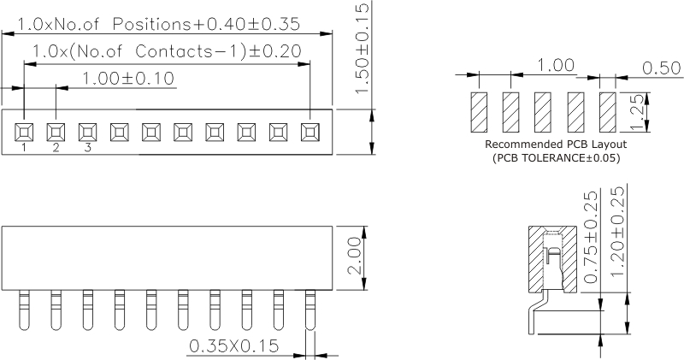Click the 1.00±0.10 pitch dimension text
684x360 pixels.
pos(128,79)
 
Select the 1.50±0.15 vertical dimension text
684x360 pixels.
pos(363,48)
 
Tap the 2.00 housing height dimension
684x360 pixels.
pos(355,256)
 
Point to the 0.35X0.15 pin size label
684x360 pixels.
pos(233,346)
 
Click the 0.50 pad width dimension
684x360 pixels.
pos(661,68)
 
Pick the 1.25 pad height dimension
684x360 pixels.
pos(637,112)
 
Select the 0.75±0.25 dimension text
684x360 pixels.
pos(590,237)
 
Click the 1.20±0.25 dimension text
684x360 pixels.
pos(617,232)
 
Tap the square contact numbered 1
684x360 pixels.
pos(24,132)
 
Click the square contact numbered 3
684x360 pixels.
pos(88,132)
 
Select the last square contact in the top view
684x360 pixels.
pos(310,132)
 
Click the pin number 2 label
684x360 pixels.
pos(56,148)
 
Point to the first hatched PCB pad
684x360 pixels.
pos(479,112)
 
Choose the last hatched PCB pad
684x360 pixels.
pos(608,112)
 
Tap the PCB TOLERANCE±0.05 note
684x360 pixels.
pos(557,158)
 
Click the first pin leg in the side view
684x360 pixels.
pos(25,310)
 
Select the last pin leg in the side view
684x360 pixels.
pos(310,310)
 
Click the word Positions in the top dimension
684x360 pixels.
pos(151,25)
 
